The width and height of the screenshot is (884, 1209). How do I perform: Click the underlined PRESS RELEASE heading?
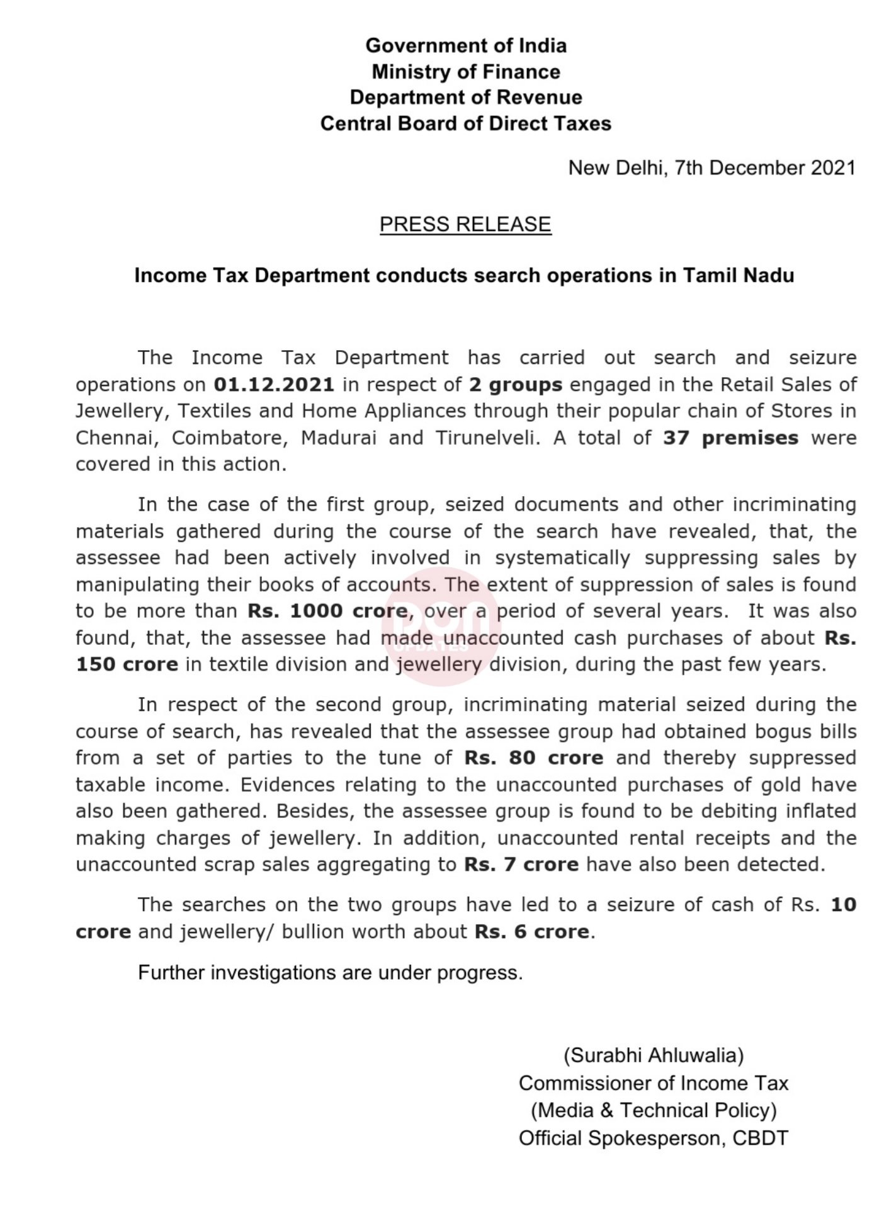465,225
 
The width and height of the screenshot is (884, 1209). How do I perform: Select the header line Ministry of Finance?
466,72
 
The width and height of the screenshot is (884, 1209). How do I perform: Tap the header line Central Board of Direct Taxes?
466,123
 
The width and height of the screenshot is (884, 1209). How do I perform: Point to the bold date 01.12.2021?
274,385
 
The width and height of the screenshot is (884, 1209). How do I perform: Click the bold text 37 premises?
730,438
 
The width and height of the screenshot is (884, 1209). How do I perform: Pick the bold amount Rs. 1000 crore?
327,611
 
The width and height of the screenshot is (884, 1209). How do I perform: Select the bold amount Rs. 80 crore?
534,758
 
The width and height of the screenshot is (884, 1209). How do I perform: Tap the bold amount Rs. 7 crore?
521,865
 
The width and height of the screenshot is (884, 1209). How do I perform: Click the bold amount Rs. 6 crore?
532,932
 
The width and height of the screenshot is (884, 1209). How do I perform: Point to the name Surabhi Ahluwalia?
654,1055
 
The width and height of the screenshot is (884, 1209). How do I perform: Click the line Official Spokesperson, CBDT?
654,1138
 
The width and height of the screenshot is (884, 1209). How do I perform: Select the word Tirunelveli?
487,438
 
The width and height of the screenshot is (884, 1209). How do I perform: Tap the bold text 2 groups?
516,385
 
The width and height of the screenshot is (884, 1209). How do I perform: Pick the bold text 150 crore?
127,665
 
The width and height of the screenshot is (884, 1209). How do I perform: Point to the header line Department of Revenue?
466,98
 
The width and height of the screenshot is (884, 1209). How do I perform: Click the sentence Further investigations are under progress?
331,973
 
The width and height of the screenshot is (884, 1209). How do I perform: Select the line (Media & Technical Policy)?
654,1111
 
